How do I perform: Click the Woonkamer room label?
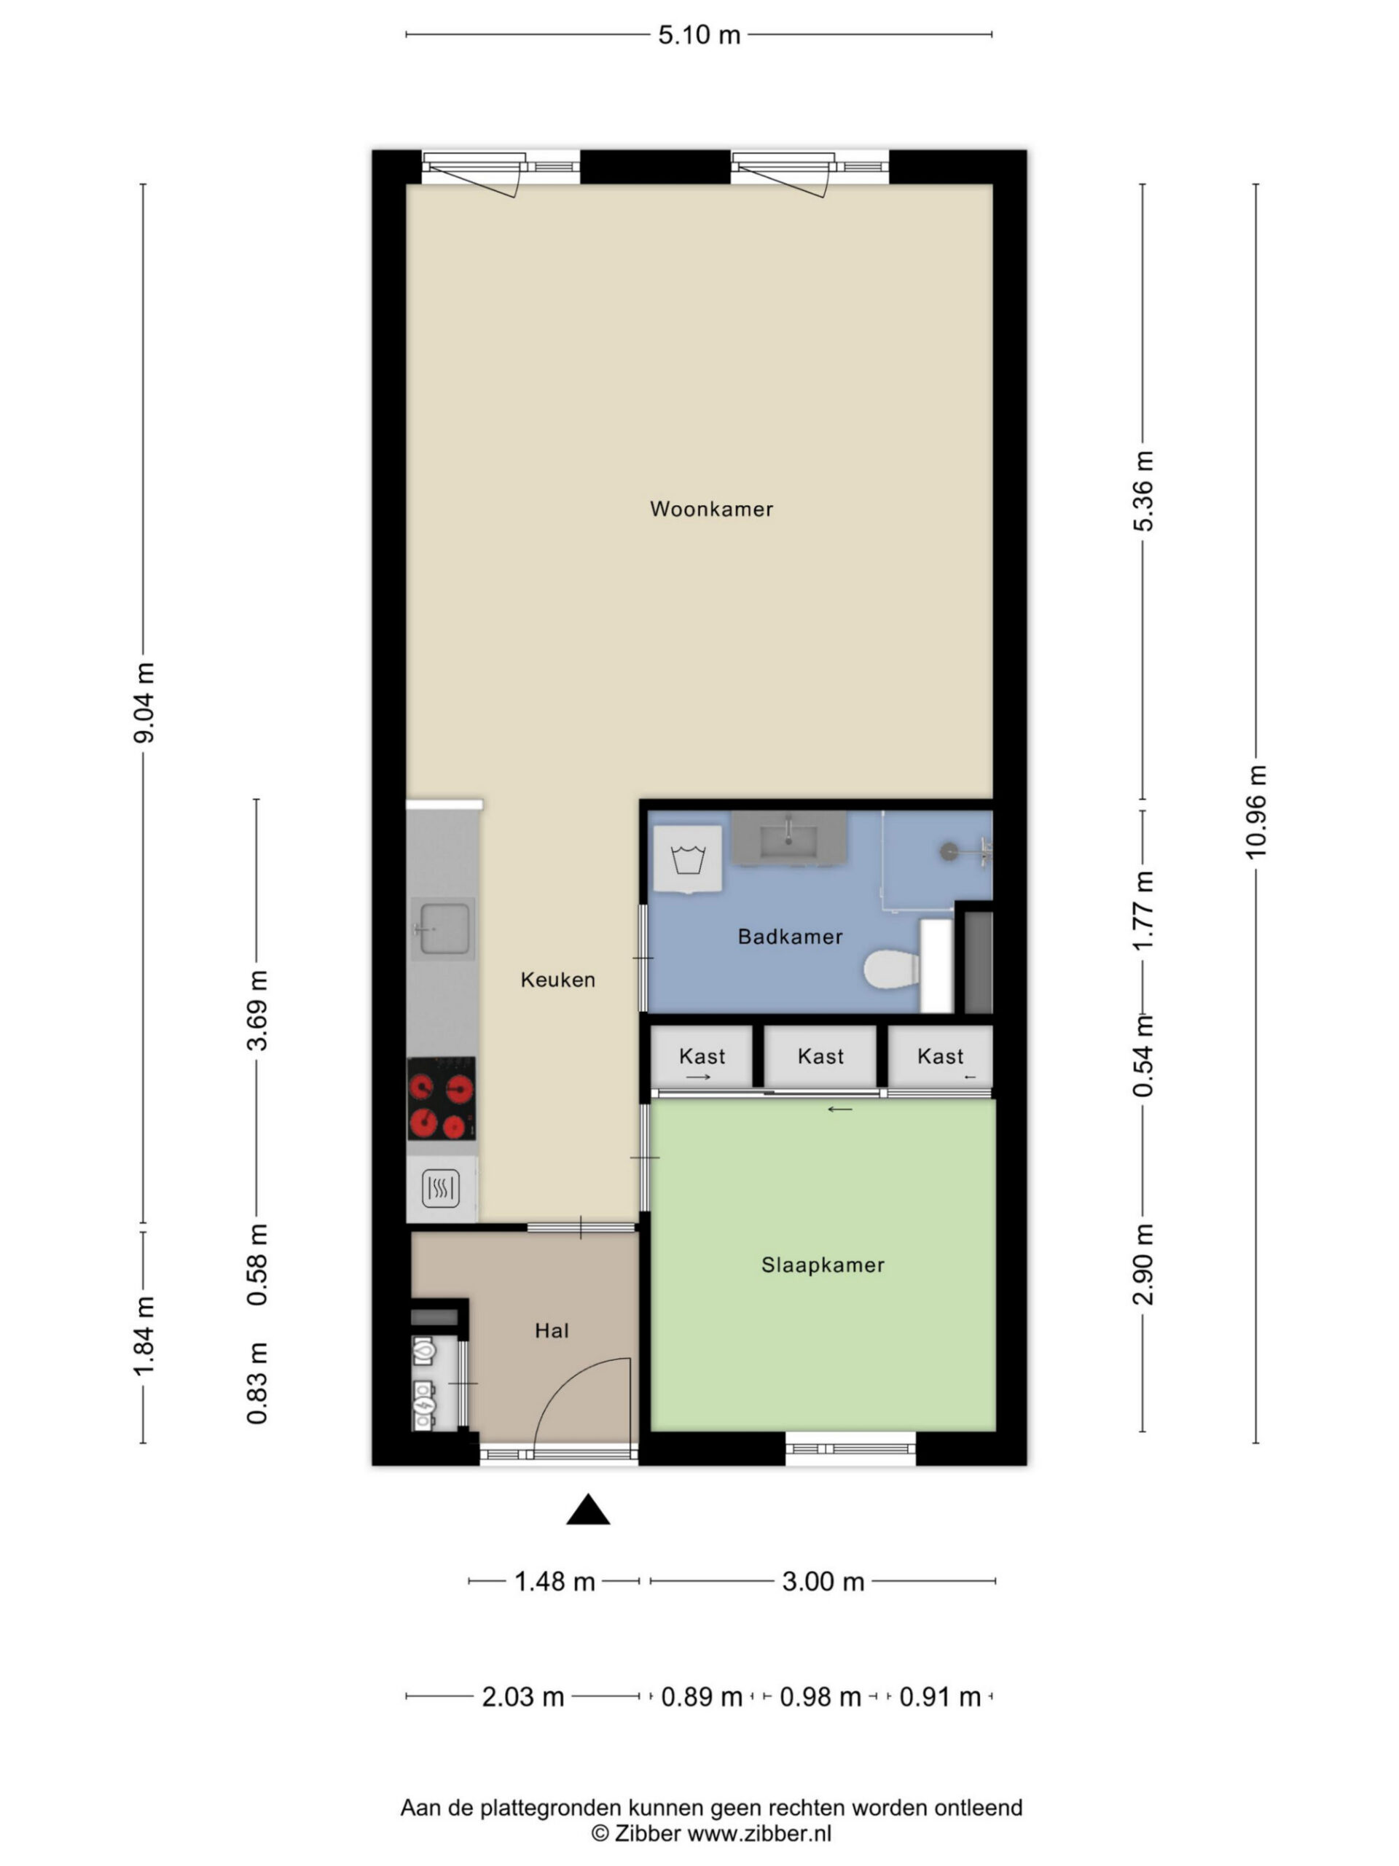pos(711,509)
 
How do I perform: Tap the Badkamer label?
pos(790,937)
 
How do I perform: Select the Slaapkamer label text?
pos(822,1265)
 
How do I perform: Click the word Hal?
pos(552,1331)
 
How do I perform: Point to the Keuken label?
pos(557,980)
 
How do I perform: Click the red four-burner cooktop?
pos(441,1099)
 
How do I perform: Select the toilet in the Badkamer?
pos(892,969)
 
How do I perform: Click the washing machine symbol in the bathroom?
pos(688,859)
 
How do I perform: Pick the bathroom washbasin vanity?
pos(788,838)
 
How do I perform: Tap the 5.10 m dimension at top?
pos(699,34)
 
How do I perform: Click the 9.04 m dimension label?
pos(144,703)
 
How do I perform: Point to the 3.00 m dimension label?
pos(823,1581)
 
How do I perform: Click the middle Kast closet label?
pos(820,1056)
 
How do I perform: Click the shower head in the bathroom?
pos(949,851)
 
